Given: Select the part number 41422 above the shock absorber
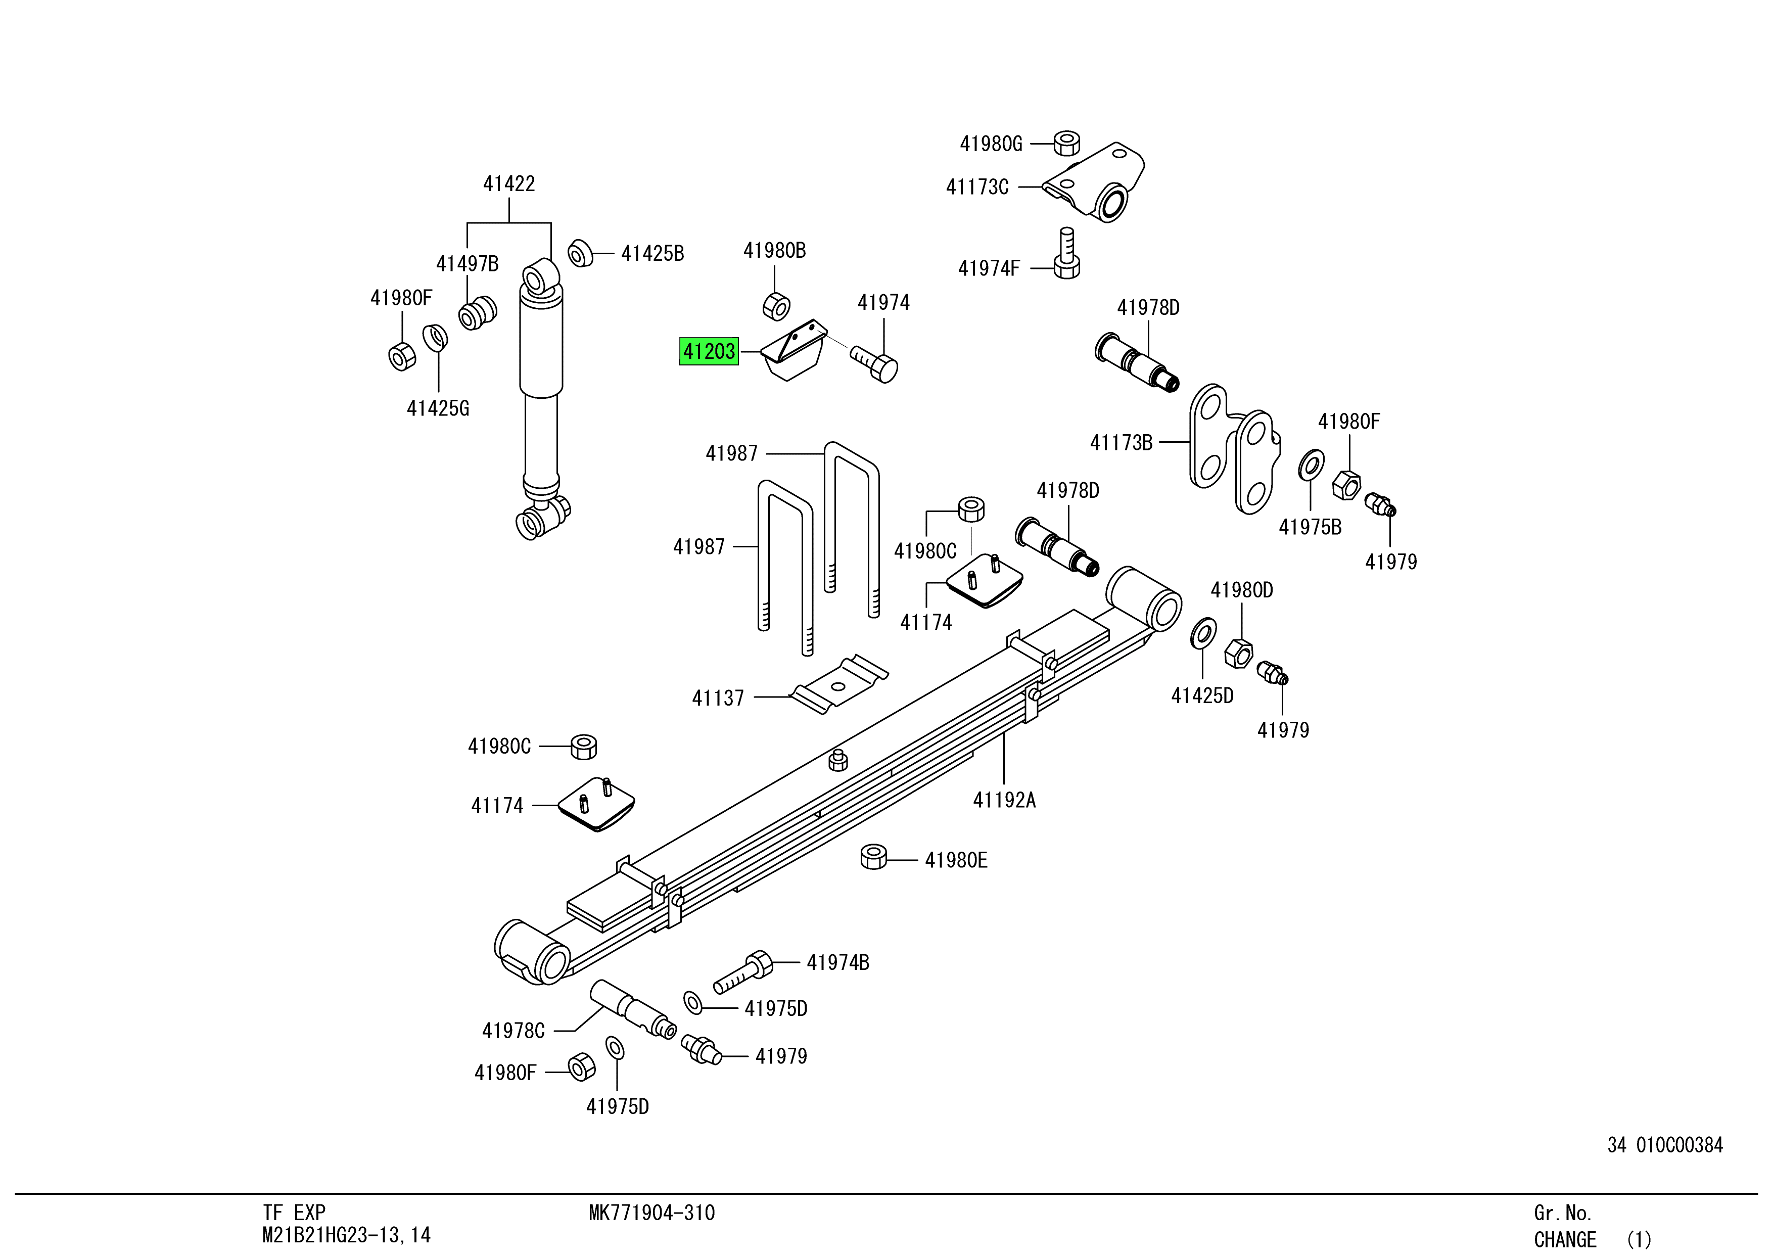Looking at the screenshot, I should (x=509, y=184).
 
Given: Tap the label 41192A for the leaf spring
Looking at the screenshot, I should (x=1004, y=800).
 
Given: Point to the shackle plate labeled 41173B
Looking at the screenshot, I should (x=1232, y=448).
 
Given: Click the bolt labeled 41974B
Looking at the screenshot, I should (x=743, y=972).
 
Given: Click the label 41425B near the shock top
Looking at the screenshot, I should (x=652, y=253).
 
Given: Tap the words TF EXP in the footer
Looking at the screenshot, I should (x=294, y=1213).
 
